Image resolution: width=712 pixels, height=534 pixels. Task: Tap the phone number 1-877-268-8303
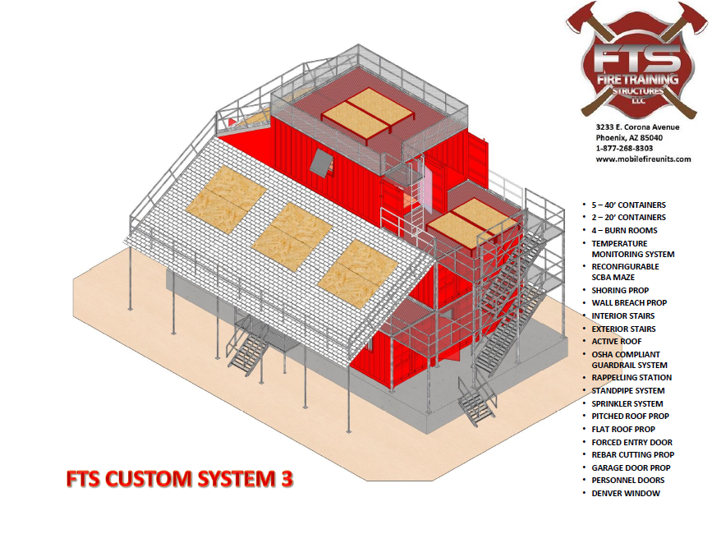pos(625,148)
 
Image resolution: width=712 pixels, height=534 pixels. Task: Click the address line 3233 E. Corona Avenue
pos(637,127)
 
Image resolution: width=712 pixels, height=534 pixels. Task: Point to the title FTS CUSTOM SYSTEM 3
pos(178,479)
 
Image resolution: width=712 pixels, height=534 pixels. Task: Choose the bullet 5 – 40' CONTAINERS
pos(628,205)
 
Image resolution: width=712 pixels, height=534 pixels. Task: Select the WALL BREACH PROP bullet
pos(629,303)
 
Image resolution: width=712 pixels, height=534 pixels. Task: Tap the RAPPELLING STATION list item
pos(631,378)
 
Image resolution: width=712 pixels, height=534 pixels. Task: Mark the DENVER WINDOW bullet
pos(625,493)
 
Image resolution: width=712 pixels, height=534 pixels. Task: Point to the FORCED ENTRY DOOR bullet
pos(632,442)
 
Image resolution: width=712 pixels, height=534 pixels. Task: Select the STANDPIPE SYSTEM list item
pos(628,391)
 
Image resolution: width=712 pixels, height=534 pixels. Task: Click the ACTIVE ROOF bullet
pos(617,341)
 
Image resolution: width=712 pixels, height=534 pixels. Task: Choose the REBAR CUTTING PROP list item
pos(632,454)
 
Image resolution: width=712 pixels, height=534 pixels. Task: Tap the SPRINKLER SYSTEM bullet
pos(627,403)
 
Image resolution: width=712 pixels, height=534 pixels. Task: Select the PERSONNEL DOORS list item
pos(628,480)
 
